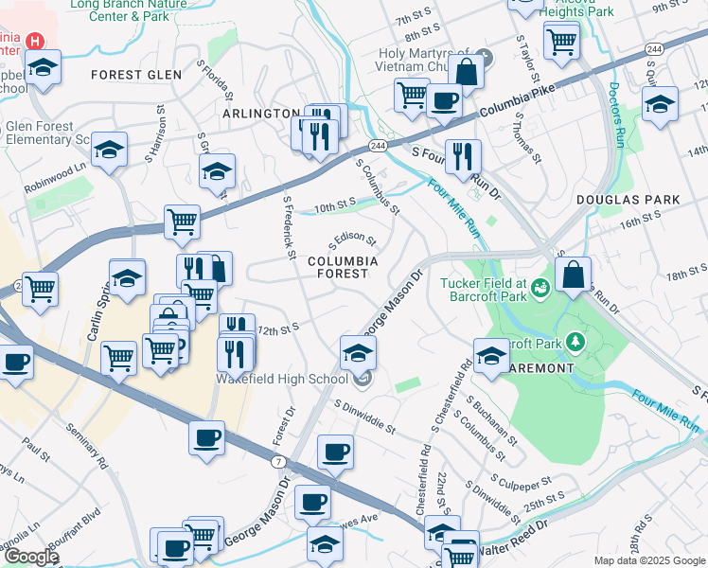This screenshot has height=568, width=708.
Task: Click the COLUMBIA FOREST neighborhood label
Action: click(x=342, y=267)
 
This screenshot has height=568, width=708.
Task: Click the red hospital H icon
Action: click(x=35, y=42)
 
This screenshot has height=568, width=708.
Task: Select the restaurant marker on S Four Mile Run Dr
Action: click(x=463, y=156)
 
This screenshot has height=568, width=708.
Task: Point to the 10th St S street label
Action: click(x=334, y=203)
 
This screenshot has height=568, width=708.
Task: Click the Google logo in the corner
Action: click(x=31, y=557)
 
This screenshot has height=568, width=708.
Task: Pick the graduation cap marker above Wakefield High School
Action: click(x=358, y=352)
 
